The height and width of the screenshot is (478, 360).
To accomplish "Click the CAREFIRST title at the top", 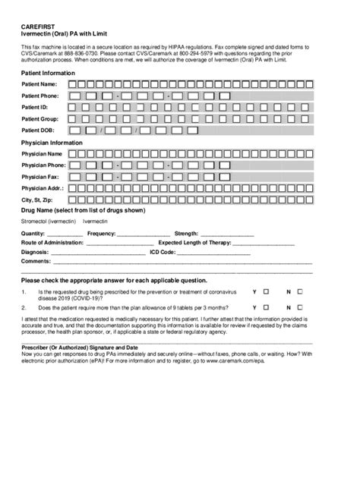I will [37, 27].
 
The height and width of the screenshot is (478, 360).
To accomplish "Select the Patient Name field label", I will [39, 84].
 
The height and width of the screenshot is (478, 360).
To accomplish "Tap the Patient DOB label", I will [38, 131].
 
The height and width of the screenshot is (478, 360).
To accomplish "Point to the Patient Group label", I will [39, 119].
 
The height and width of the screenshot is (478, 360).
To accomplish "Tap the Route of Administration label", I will [53, 243].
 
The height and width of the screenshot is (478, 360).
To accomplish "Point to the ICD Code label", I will [163, 252].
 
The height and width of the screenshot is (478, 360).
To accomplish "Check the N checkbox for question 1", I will [321, 291].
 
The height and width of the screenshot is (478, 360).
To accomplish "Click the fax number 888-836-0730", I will [86, 54].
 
